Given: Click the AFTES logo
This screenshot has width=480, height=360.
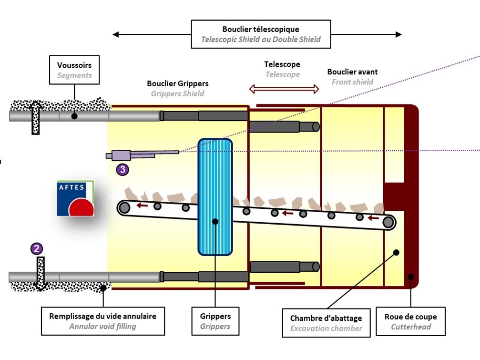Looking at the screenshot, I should click(75, 198).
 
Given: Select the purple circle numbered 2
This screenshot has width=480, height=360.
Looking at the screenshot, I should click(37, 248).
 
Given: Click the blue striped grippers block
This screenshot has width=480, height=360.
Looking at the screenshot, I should click(215, 196).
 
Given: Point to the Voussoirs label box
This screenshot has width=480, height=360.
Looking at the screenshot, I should click(74, 70).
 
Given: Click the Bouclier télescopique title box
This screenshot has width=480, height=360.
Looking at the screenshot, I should click(261, 34).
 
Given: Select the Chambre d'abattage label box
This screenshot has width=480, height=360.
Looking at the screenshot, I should click(326, 323).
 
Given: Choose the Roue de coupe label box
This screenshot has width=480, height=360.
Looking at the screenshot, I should click(410, 321).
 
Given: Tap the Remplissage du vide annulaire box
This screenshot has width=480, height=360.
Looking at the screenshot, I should click(102, 321).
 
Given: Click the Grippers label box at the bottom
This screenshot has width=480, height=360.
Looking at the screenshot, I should click(215, 321).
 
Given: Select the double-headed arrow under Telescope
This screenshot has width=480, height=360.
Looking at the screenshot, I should click(284, 89).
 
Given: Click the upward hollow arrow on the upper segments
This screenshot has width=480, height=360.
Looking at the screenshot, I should click(36, 116).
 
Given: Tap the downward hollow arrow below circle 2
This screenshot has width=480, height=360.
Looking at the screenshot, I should click(41, 274).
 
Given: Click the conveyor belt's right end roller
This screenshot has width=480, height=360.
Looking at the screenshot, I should click(388, 222).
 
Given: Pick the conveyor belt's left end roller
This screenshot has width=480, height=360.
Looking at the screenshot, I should click(124, 207).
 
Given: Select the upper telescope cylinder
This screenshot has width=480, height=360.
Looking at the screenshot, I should click(284, 127).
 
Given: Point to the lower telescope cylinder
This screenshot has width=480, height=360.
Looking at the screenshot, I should click(284, 267).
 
